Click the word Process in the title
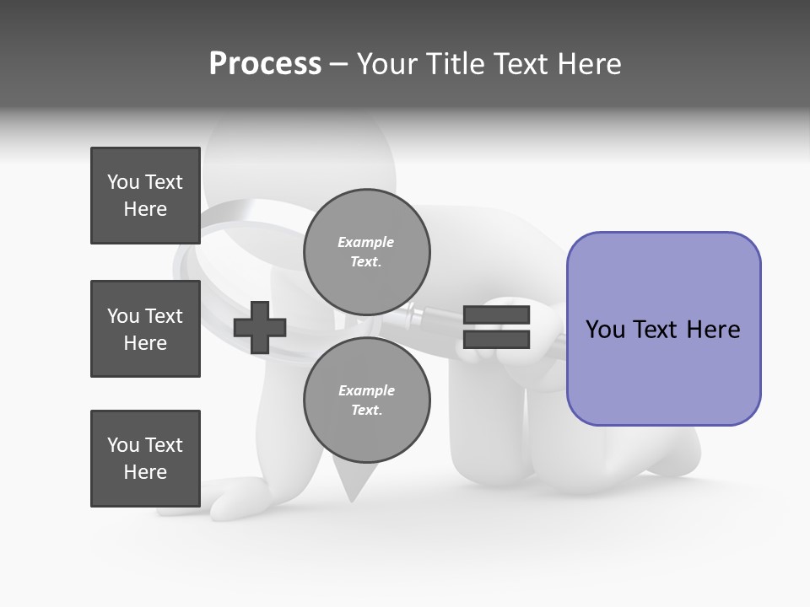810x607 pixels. tap(265, 64)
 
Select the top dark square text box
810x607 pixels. tap(145, 196)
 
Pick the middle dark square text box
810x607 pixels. tap(145, 329)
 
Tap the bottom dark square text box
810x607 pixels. tap(145, 459)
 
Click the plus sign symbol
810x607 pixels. tap(260, 327)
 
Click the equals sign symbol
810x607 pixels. tap(496, 327)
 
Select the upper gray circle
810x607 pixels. tap(366, 251)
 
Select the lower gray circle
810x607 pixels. tap(366, 400)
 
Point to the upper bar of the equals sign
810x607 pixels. tap(496, 314)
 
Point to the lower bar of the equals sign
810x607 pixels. tap(496, 339)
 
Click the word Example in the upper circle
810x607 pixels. tap(366, 242)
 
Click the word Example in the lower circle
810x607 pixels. tap(366, 390)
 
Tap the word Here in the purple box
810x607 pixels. tap(713, 330)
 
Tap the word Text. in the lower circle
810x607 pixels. tap(366, 411)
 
